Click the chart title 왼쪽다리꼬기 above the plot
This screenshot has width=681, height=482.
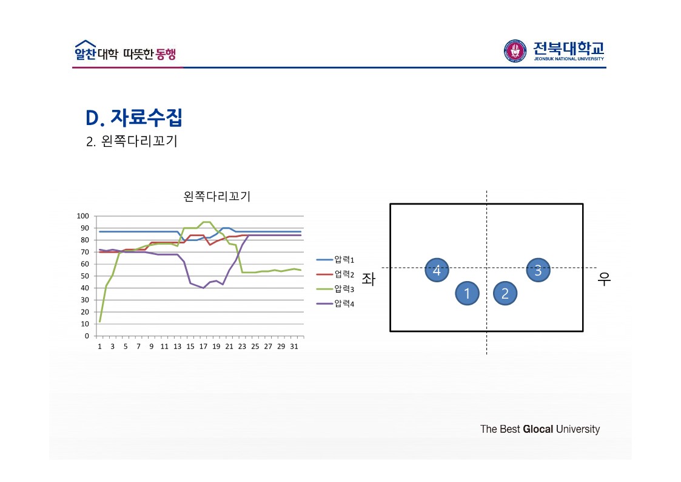(216, 197)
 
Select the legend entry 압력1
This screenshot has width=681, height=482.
(344, 260)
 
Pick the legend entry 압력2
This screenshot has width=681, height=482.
(344, 274)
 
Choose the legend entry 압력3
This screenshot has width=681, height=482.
(344, 288)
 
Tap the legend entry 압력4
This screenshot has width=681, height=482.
(344, 303)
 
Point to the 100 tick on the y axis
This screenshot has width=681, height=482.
(83, 216)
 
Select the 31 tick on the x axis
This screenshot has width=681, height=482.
(294, 347)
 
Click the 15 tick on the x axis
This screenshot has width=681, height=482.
(190, 347)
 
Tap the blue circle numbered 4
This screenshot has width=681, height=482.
(437, 270)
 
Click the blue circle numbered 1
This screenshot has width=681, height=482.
(467, 294)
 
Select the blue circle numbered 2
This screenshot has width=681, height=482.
(505, 294)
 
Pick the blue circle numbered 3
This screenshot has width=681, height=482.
(538, 270)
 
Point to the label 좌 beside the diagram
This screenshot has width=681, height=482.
(368, 279)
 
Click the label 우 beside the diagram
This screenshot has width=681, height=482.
(604, 279)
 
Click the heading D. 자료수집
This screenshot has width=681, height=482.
(134, 117)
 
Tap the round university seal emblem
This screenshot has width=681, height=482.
(515, 51)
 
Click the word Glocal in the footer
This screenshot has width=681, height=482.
(538, 429)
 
